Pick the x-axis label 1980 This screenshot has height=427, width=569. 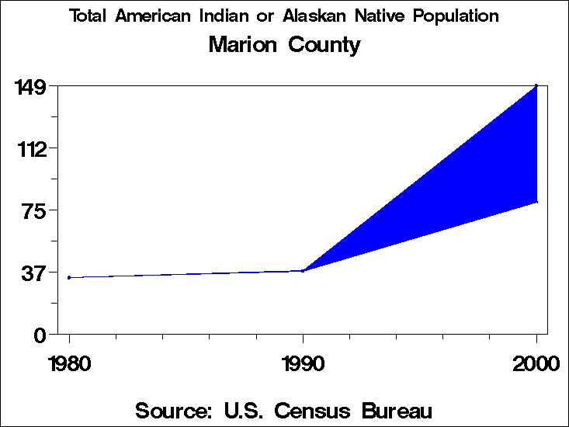coord(69,363)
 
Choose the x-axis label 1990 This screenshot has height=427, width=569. coord(303,363)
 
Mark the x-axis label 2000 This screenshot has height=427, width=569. coord(536,363)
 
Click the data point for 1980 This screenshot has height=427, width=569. coord(69,277)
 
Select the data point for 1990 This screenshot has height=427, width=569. coord(303,270)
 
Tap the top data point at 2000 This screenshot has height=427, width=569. coord(536,85)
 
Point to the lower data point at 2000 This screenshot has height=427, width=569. coord(536,202)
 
